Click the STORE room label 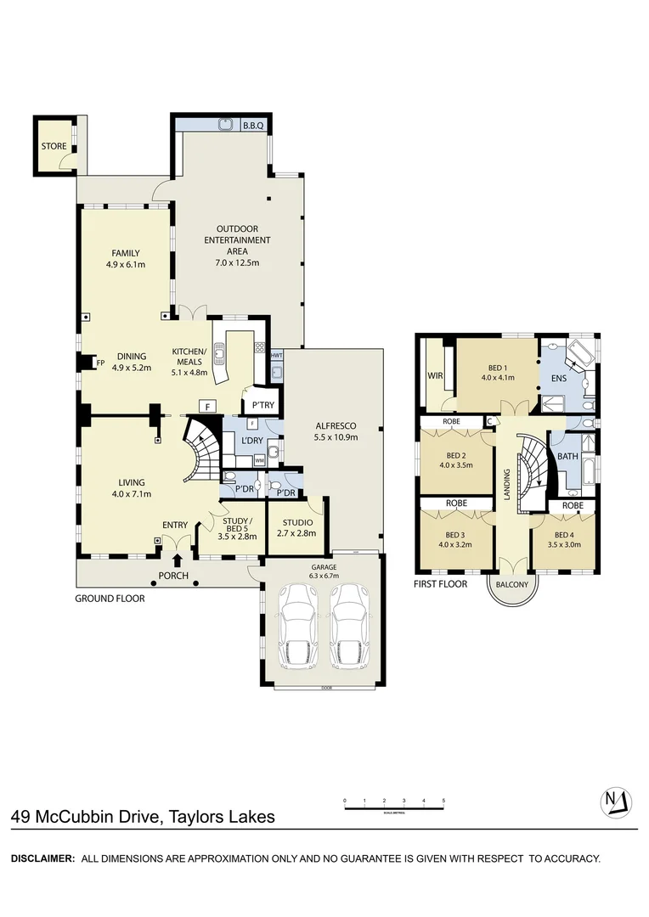click(x=54, y=146)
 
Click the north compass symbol click(x=617, y=802)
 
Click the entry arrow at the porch click(x=177, y=560)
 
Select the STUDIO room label click(x=296, y=522)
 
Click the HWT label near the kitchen click(x=277, y=355)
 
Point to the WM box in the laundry click(x=259, y=459)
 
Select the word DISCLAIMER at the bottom click(x=42, y=858)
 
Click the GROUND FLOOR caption click(x=110, y=599)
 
